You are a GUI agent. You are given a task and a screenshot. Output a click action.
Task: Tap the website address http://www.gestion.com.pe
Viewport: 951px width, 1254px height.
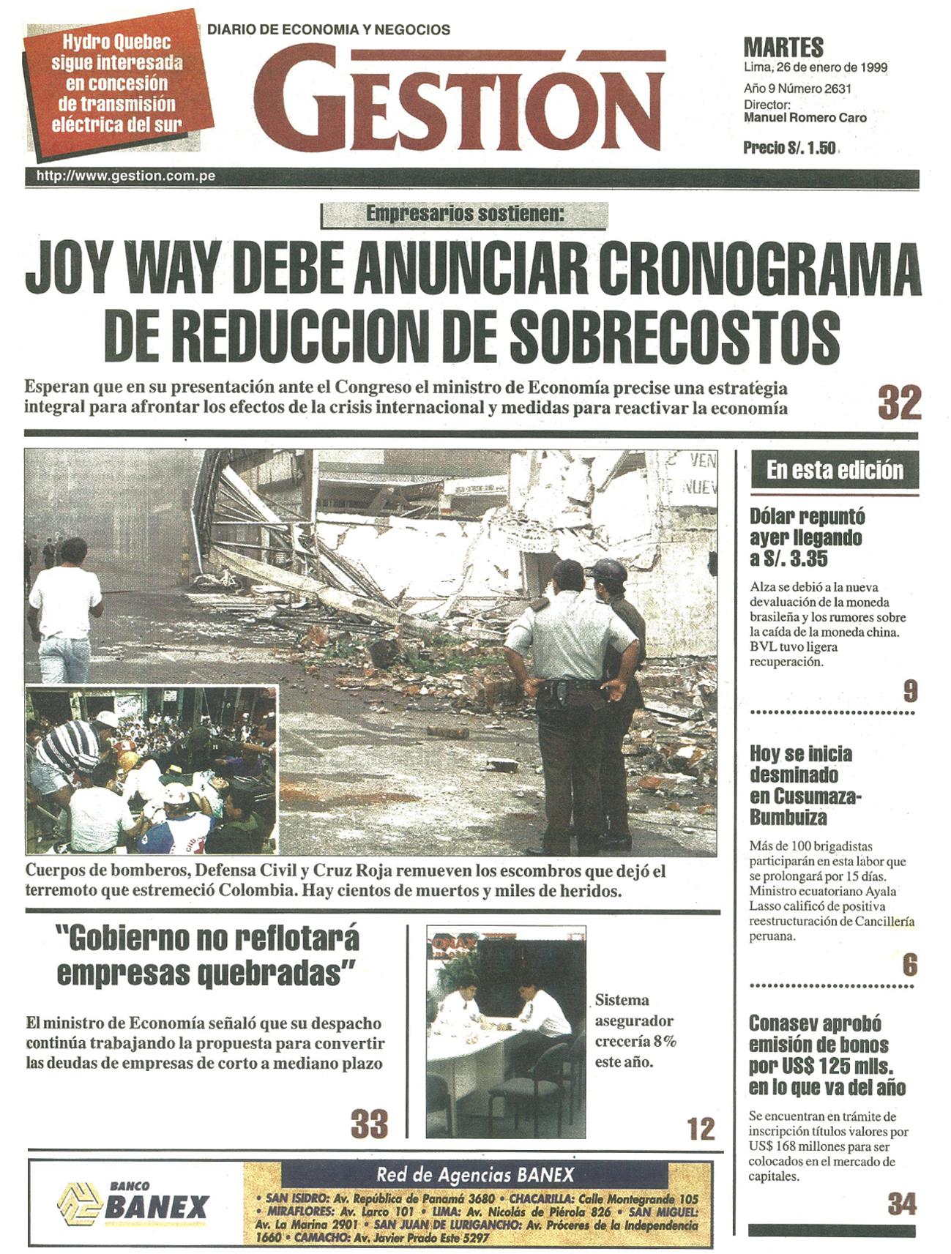coord(125,176)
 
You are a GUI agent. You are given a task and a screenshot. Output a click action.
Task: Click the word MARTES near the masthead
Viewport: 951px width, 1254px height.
coord(783,48)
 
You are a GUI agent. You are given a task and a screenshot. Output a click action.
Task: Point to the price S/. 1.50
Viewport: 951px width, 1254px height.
coord(789,148)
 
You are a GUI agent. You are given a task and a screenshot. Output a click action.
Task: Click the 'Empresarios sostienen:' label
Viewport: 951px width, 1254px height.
coord(465,214)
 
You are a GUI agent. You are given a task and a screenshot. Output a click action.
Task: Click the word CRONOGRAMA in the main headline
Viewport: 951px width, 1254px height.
coord(759,269)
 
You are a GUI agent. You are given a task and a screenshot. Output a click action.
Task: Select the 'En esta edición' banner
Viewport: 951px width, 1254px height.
coord(835,470)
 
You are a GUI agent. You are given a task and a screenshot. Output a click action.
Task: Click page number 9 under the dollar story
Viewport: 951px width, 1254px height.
coord(910,690)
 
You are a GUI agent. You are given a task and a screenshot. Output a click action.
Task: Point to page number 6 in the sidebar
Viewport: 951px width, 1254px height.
coord(909,966)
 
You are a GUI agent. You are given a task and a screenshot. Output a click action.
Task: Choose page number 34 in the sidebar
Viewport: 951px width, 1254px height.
coord(902,1203)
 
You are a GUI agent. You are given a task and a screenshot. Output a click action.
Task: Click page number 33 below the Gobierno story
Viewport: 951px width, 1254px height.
coord(369,1124)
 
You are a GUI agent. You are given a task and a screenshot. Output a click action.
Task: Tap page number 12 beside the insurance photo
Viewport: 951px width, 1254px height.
coord(700,1129)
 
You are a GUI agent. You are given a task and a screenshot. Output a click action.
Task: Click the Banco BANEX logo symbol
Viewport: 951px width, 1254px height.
coord(78,1203)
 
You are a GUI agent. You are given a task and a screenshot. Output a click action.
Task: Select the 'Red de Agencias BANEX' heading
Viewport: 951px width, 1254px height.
coord(475,1176)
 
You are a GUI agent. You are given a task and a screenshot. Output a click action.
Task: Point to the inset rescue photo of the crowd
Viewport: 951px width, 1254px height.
coord(151,769)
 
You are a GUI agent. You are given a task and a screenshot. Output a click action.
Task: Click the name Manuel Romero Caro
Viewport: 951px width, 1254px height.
coord(805,118)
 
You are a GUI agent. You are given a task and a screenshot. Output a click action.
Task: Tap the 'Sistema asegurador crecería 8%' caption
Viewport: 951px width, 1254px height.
coord(635,1030)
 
